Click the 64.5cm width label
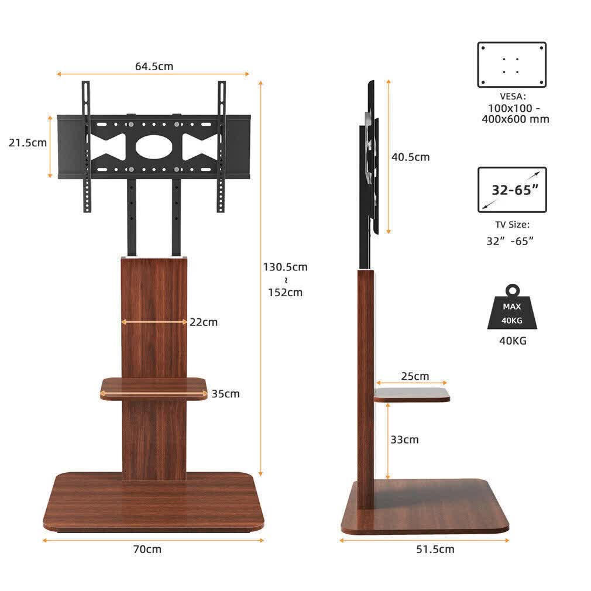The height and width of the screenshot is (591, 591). click(x=154, y=66)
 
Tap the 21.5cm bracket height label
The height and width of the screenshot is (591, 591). click(x=28, y=143)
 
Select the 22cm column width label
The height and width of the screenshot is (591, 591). click(x=203, y=322)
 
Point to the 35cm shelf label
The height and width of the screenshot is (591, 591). click(x=225, y=394)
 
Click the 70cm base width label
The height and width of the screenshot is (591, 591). click(x=146, y=549)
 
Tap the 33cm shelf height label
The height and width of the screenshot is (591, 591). click(x=404, y=439)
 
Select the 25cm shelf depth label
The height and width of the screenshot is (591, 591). click(x=414, y=376)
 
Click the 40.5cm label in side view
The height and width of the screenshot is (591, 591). click(x=410, y=157)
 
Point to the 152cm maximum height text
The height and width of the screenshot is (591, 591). click(x=285, y=293)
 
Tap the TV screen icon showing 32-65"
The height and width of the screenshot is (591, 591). click(x=512, y=190)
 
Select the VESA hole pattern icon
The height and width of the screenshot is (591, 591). click(x=511, y=64)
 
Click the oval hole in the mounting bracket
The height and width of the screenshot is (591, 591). click(x=154, y=146)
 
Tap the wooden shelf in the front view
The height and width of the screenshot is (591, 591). click(x=154, y=389)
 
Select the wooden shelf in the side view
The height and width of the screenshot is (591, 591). click(x=412, y=395)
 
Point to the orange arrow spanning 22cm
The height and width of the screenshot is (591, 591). click(x=154, y=322)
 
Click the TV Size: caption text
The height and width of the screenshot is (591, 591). click(x=511, y=224)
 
